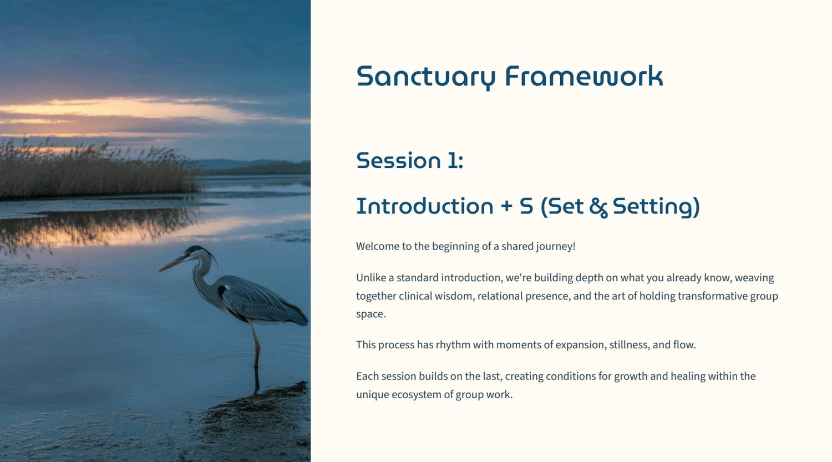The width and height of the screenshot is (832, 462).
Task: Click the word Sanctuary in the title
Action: coord(425,77)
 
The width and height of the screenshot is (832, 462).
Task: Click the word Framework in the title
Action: coord(584,76)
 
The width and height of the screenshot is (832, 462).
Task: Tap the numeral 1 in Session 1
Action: coord(453,160)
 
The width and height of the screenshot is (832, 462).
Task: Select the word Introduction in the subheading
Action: coord(424,206)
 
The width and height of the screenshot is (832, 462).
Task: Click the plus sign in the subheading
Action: coord(506,207)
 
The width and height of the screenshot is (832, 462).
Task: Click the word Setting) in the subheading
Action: coord(656,207)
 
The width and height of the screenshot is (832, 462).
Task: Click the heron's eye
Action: coord(189,254)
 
